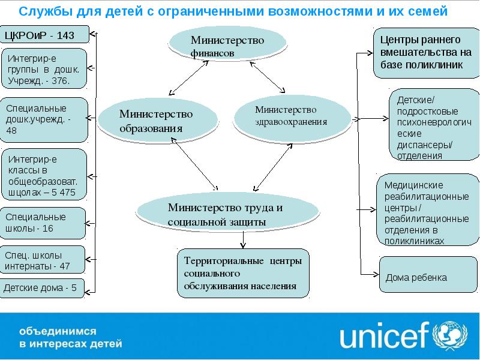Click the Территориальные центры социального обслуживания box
click(x=244, y=273)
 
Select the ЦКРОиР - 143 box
click(x=44, y=35)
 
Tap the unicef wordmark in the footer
click(x=383, y=337)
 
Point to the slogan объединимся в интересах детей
click(x=71, y=337)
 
